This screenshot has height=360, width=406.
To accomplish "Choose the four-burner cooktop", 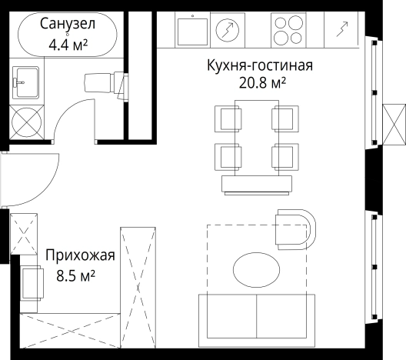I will (290, 32).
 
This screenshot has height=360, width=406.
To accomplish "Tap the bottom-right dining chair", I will (283, 156).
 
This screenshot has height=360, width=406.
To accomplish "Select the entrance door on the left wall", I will (31, 178).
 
